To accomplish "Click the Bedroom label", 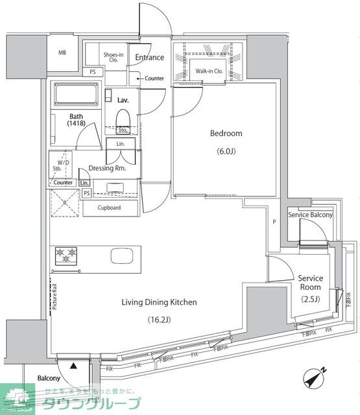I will [x=226, y=134].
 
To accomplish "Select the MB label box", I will [x=62, y=53].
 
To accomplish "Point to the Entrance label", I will [x=149, y=58].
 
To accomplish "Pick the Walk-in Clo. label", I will [x=210, y=71].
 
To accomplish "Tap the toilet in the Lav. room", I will [x=123, y=120].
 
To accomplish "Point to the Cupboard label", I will [x=110, y=208].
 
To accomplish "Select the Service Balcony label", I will [x=311, y=215].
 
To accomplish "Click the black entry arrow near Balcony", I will [x=73, y=366].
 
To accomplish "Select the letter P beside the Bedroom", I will [x=275, y=222].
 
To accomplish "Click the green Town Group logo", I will [x=19, y=397].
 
